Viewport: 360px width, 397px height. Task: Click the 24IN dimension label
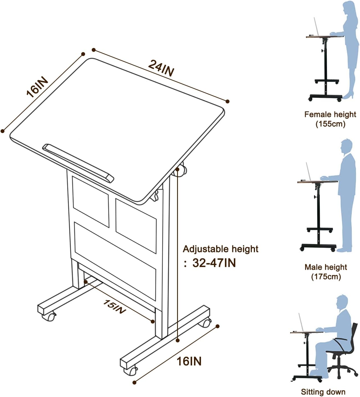(161, 68)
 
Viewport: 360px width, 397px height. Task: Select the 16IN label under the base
(189, 361)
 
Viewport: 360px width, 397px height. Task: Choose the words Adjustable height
(220, 249)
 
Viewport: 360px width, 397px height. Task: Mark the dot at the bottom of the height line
(178, 340)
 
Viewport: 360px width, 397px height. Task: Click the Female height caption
(330, 114)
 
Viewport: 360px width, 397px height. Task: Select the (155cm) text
(330, 124)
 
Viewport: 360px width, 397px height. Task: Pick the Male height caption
(326, 267)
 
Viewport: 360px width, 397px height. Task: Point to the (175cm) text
(326, 277)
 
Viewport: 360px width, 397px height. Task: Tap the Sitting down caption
(323, 392)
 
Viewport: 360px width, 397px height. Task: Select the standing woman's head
(350, 8)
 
